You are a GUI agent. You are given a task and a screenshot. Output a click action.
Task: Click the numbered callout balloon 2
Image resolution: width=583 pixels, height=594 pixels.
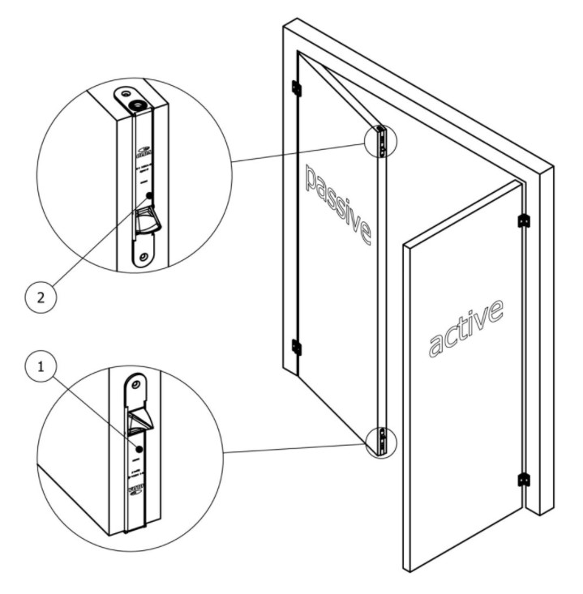tap(41, 297)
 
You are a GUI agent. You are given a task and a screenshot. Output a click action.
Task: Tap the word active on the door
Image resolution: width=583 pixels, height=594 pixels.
tap(465, 327)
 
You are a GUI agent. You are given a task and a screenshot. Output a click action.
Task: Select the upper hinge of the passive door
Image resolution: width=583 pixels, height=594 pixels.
tap(297, 88)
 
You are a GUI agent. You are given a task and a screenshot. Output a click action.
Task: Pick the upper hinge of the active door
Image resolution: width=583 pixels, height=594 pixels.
tap(524, 220)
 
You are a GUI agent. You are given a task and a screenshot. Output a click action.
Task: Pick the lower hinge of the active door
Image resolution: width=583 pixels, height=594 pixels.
tap(524, 480)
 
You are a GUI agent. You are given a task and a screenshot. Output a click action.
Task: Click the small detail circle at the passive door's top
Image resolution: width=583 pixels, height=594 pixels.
tap(380, 140)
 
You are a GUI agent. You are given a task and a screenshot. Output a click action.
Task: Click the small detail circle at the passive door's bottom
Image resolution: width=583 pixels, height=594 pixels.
tap(380, 442)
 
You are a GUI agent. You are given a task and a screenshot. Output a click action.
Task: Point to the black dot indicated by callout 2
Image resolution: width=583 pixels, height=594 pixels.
tap(149, 195)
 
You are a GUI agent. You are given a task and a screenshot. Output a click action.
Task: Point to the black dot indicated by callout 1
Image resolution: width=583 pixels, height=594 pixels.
tap(139, 447)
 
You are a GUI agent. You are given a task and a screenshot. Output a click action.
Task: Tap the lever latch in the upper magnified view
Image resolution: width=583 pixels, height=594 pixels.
tap(146, 220)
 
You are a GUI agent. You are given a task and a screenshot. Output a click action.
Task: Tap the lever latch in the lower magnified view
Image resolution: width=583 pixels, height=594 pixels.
tap(137, 421)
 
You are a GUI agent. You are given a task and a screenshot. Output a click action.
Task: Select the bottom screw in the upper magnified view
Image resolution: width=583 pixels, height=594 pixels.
tap(144, 257)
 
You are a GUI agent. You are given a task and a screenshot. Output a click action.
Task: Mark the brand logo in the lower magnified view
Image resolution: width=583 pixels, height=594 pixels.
tap(136, 491)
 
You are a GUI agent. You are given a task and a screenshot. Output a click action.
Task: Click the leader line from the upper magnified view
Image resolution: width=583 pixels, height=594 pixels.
tap(300, 152)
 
